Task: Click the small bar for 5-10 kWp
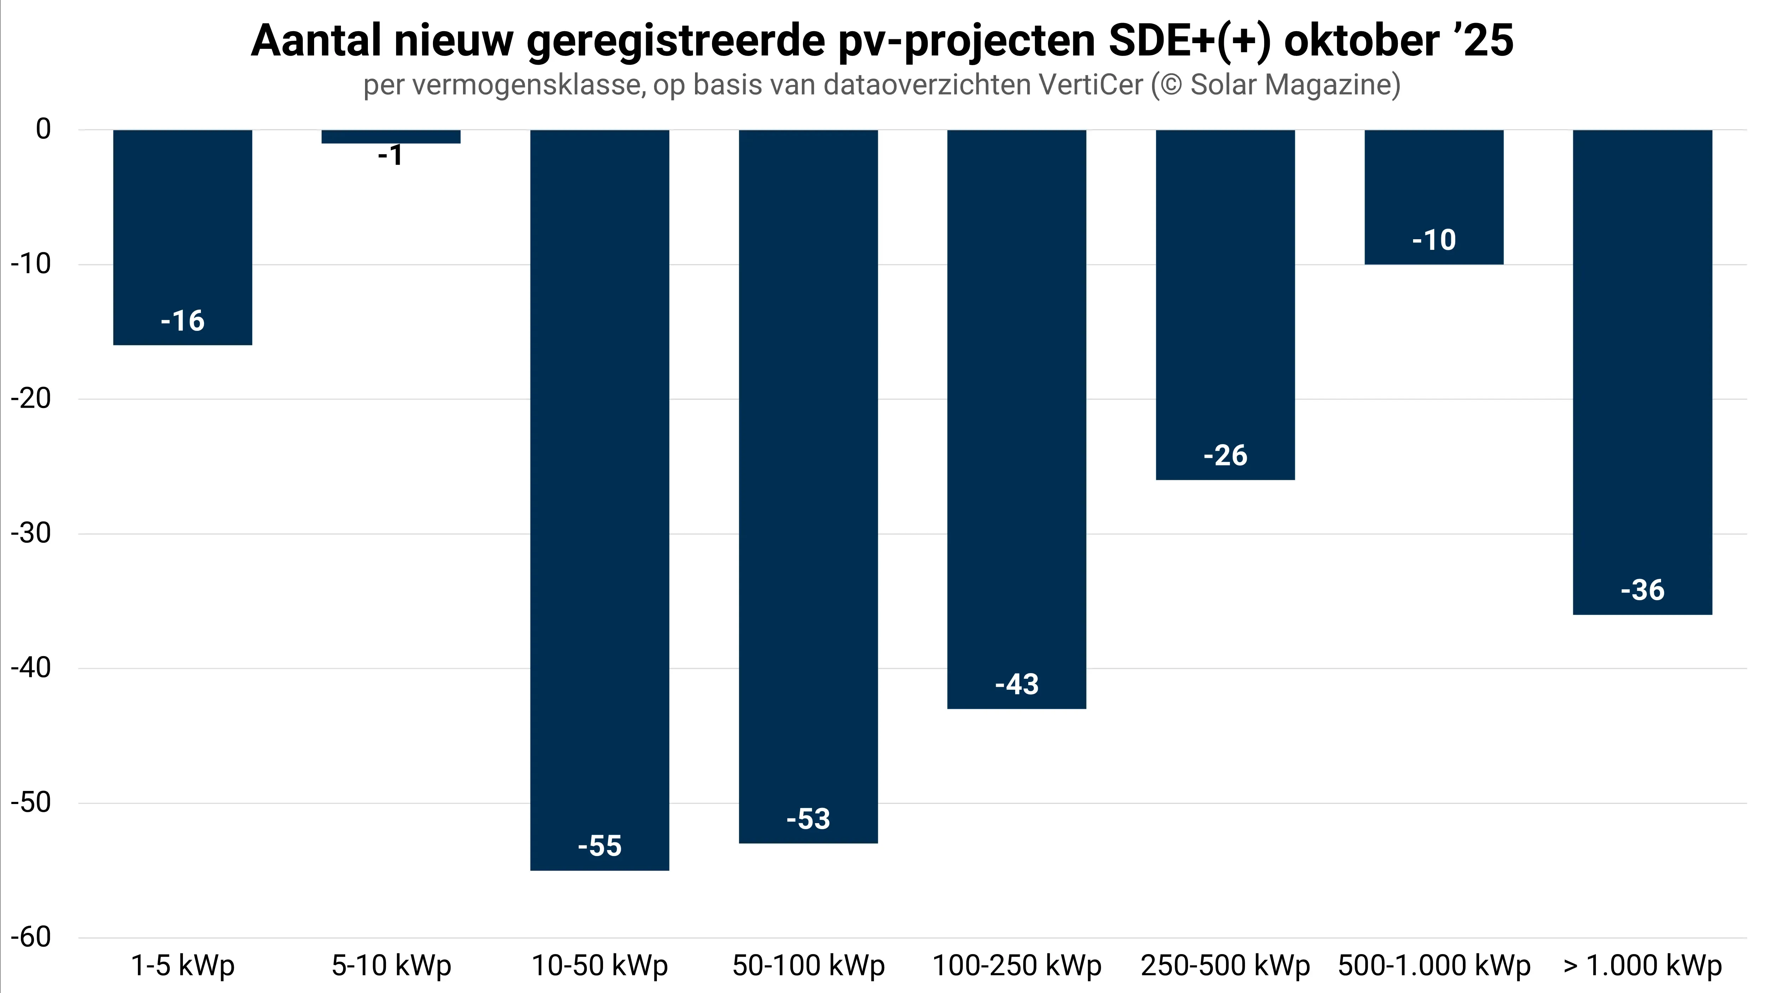pyautogui.click(x=390, y=136)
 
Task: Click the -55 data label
pyautogui.click(x=600, y=846)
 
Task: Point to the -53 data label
pyautogui.click(x=809, y=819)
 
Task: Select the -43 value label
pyautogui.click(x=1017, y=684)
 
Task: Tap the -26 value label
pyautogui.click(x=1225, y=455)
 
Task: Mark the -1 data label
pyautogui.click(x=390, y=156)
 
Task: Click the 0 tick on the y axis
pyautogui.click(x=43, y=129)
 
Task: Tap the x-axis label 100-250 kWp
pyautogui.click(x=1017, y=966)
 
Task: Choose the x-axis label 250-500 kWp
pyautogui.click(x=1225, y=966)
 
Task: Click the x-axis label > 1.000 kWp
pyautogui.click(x=1642, y=966)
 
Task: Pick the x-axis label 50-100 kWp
pyautogui.click(x=809, y=966)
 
